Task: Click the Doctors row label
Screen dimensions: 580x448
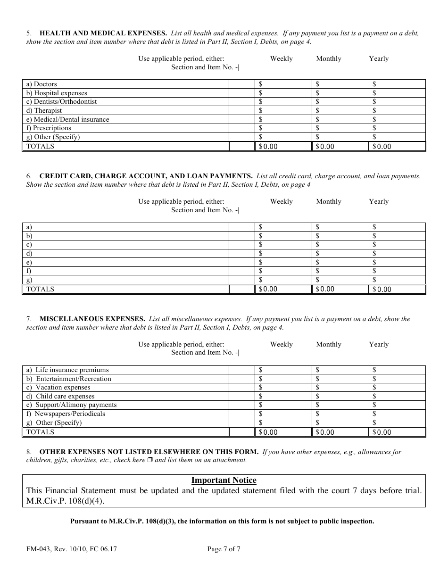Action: [x=42, y=84]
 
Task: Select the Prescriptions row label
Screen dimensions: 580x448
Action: [x=49, y=128]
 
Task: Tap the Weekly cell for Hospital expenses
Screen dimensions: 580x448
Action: [x=283, y=93]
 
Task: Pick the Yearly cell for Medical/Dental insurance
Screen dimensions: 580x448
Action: [x=397, y=119]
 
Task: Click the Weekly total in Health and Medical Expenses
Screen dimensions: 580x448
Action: [x=283, y=147]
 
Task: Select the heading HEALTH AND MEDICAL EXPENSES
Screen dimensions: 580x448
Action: [x=103, y=33]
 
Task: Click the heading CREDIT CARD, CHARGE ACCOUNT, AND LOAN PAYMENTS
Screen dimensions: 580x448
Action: [x=146, y=176]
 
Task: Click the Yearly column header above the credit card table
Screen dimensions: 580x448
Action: [x=379, y=201]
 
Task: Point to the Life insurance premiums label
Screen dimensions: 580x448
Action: [x=67, y=370]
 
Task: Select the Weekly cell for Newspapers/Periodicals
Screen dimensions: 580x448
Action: [x=283, y=414]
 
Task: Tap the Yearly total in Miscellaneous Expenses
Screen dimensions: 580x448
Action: [x=397, y=432]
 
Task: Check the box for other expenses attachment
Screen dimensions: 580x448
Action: [x=149, y=460]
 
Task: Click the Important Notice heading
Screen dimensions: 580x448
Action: [x=224, y=480]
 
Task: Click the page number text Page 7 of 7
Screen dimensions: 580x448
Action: [x=224, y=548]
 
